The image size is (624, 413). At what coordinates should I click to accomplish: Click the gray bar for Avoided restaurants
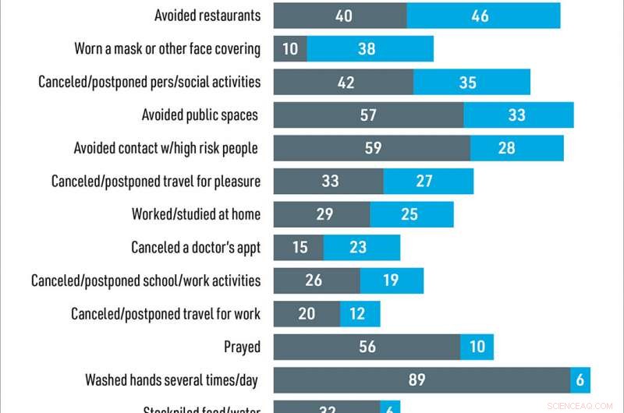(339, 16)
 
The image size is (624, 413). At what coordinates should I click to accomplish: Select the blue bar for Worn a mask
(370, 49)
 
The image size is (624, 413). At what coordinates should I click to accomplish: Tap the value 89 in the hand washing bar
(417, 379)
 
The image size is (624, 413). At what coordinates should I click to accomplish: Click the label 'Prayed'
(242, 347)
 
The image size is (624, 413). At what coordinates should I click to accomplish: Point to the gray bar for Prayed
(367, 347)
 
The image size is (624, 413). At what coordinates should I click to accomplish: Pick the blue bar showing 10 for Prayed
(477, 347)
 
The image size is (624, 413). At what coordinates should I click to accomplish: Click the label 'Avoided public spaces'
(200, 115)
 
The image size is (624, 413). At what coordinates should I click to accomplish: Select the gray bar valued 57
(368, 115)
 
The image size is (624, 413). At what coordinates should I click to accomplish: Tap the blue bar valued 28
(516, 148)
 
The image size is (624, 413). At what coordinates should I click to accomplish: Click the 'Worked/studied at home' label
(196, 214)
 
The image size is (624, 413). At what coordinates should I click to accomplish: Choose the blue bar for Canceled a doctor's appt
(361, 248)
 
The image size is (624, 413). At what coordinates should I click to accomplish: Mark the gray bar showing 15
(298, 248)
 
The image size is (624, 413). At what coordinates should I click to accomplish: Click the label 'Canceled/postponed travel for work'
(165, 314)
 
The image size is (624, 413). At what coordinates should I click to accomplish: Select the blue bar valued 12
(360, 314)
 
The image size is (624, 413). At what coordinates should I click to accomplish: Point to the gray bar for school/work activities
(317, 281)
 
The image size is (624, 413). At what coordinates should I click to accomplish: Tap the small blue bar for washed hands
(580, 379)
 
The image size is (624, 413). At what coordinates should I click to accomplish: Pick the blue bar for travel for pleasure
(428, 182)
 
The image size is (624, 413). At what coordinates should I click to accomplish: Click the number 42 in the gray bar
(344, 82)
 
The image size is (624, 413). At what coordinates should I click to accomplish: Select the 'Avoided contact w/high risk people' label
(165, 148)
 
